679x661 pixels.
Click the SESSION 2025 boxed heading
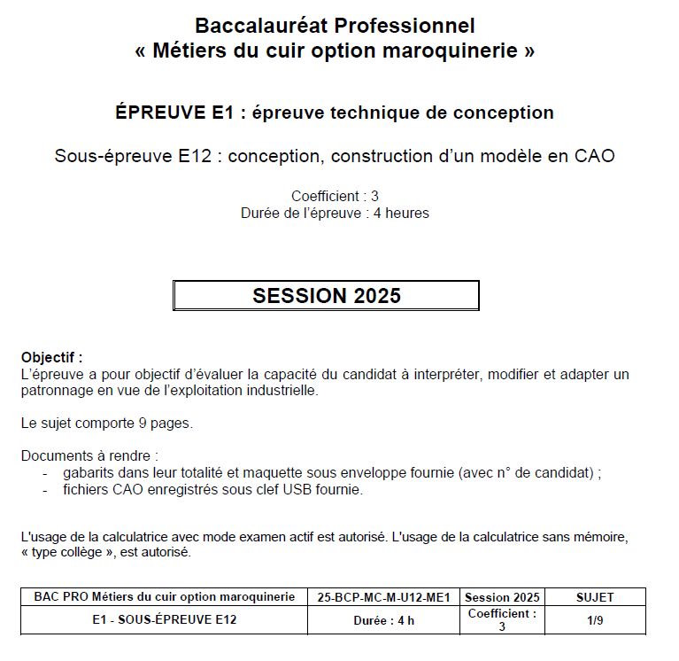pyautogui.click(x=326, y=296)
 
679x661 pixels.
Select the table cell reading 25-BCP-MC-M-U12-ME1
pyautogui.click(x=383, y=597)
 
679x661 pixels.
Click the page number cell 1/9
pyautogui.click(x=594, y=620)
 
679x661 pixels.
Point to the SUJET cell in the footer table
pyautogui.click(x=594, y=597)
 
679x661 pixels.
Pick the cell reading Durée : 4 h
pyautogui.click(x=383, y=620)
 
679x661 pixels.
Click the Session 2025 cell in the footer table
pyautogui.click(x=502, y=597)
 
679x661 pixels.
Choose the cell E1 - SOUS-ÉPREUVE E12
pyautogui.click(x=165, y=620)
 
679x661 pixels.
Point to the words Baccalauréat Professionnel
pyautogui.click(x=335, y=26)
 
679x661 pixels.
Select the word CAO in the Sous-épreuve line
pyautogui.click(x=594, y=156)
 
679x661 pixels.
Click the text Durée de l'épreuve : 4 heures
pyautogui.click(x=335, y=213)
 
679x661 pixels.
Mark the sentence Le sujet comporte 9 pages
pyautogui.click(x=107, y=423)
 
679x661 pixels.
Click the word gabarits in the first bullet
pyautogui.click(x=88, y=473)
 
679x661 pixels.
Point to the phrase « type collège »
pyautogui.click(x=69, y=552)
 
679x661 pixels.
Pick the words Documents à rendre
pyautogui.click(x=89, y=456)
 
